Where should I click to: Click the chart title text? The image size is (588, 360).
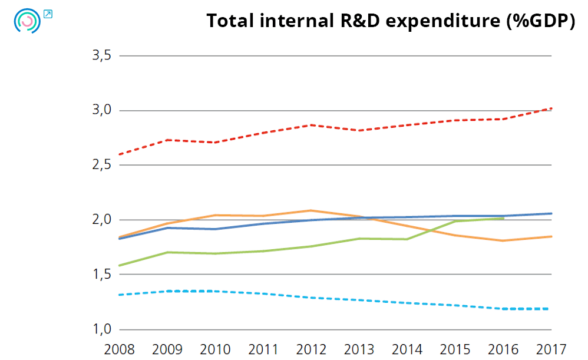click(x=390, y=21)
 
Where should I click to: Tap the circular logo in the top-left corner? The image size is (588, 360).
click(x=27, y=21)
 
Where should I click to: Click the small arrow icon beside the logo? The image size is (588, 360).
click(x=48, y=14)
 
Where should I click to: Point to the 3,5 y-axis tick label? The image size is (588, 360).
click(x=101, y=56)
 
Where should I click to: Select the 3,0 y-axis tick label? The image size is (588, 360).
click(x=101, y=111)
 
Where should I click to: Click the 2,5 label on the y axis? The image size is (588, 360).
click(x=101, y=166)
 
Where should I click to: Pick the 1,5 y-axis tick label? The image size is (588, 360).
click(x=101, y=275)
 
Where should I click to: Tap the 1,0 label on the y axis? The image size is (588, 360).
click(x=101, y=329)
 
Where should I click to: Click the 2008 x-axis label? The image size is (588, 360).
click(x=119, y=349)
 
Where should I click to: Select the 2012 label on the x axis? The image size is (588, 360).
click(x=311, y=349)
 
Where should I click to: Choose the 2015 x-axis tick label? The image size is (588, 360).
click(x=455, y=349)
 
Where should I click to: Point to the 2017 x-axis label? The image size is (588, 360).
click(x=550, y=349)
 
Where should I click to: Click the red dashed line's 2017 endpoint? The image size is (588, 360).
click(x=551, y=108)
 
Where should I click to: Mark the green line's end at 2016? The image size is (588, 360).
click(x=503, y=219)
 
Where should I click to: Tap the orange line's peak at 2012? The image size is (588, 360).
click(x=311, y=210)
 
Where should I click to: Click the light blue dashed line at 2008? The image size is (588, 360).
click(x=120, y=295)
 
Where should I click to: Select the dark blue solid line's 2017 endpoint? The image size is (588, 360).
click(x=551, y=213)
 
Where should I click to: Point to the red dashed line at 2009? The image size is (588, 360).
click(x=167, y=140)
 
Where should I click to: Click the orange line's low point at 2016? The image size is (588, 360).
click(x=503, y=240)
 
